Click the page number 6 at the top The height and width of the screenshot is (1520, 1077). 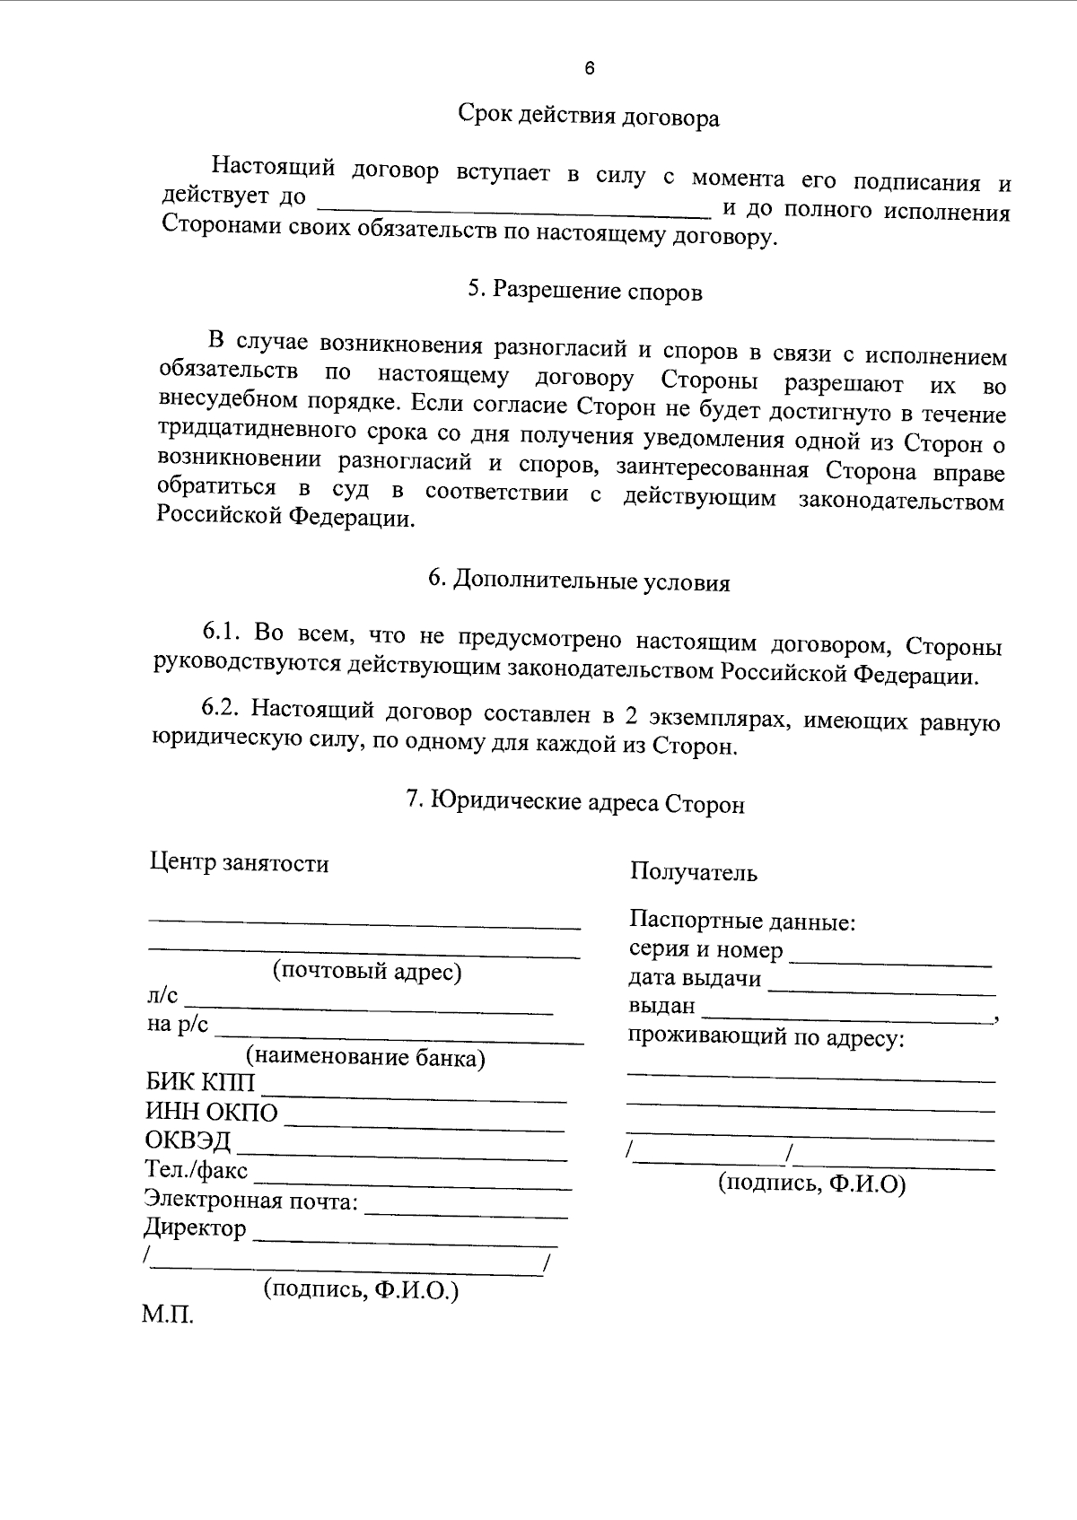pyautogui.click(x=589, y=69)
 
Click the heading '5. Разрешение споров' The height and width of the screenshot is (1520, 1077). pyautogui.click(x=584, y=291)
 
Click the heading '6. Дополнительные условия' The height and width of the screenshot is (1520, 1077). pyautogui.click(x=579, y=581)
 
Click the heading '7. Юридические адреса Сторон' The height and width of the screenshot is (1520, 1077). pyautogui.click(x=575, y=802)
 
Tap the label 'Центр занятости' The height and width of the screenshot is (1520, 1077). pyautogui.click(x=239, y=863)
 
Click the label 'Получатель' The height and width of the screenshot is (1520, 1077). pyautogui.click(x=693, y=871)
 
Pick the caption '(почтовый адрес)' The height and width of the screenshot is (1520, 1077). pyautogui.click(x=367, y=971)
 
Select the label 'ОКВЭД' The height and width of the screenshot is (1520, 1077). pyautogui.click(x=188, y=1140)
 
